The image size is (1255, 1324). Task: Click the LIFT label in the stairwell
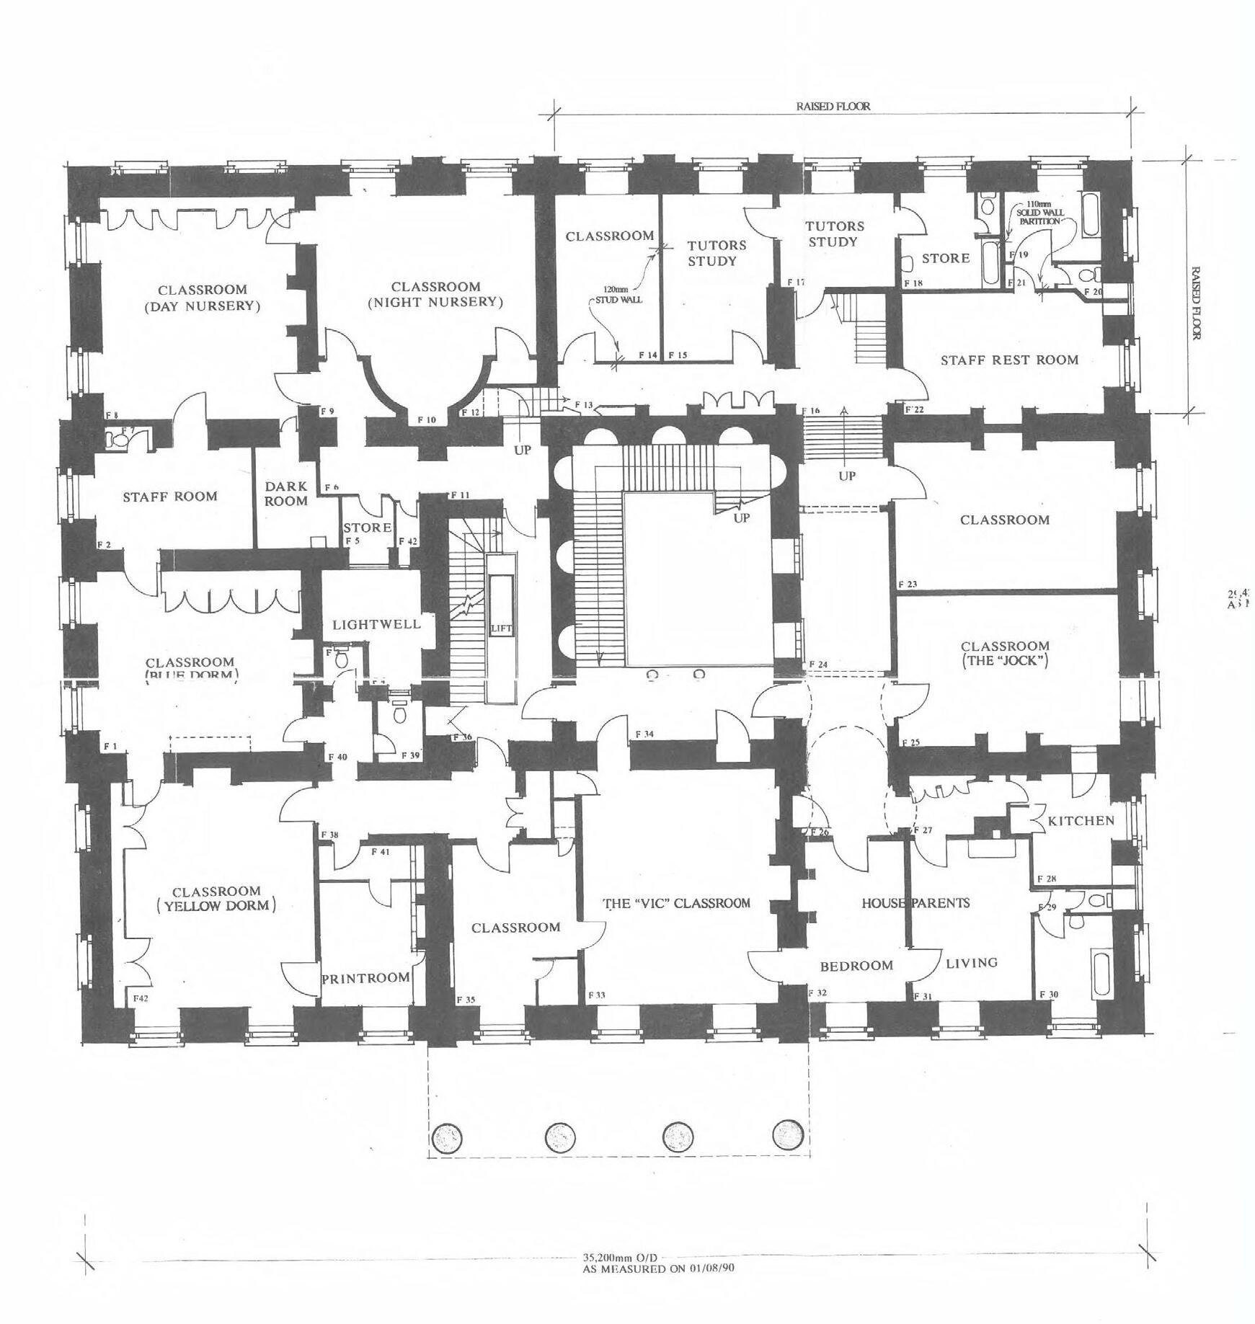pos(500,628)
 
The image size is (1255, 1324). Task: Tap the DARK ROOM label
pos(286,494)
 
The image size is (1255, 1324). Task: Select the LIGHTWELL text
pos(376,624)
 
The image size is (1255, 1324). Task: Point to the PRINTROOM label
pos(365,978)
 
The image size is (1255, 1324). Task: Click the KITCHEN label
pos(1081,821)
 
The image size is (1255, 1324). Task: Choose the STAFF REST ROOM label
pos(1009,360)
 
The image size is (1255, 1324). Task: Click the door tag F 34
pos(644,734)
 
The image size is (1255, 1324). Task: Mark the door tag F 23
pos(908,584)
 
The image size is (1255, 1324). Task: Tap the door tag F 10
pos(427,419)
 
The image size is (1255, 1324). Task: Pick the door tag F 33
pos(596,995)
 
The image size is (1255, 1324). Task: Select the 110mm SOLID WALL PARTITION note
pos(1039,213)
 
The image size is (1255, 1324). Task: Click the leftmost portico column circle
pos(448,1137)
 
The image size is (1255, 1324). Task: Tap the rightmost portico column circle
pos(788,1134)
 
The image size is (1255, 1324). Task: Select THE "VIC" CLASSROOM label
pos(676,903)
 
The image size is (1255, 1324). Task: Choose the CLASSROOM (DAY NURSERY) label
pos(203,298)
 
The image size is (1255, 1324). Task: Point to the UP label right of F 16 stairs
pos(847,476)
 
